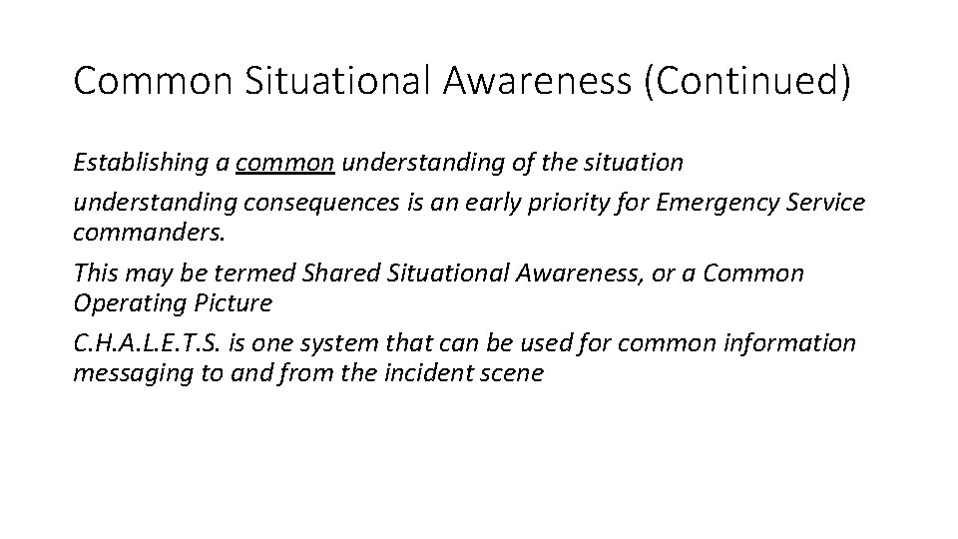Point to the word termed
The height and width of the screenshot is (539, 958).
[264, 273]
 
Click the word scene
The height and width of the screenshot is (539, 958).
[512, 373]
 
